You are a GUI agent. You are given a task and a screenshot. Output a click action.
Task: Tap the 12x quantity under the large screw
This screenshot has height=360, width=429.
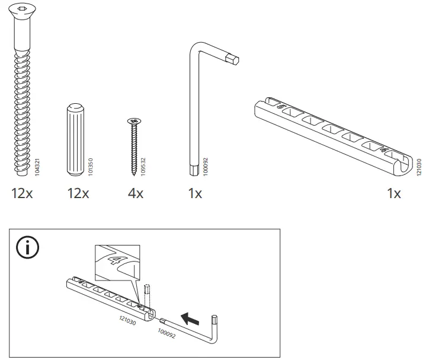(x=22, y=193)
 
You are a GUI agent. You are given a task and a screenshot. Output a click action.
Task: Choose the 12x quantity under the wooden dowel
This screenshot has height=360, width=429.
(x=78, y=193)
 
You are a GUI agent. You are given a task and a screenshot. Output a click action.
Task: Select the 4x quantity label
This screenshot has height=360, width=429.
(x=135, y=193)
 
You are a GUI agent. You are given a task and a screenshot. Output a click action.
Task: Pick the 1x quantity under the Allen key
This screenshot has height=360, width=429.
(x=194, y=193)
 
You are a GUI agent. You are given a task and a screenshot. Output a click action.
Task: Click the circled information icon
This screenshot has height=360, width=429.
(x=26, y=249)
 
